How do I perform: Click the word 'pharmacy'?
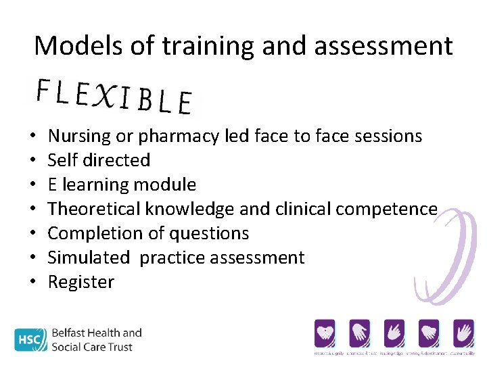[179, 137]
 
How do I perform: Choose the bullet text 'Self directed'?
[99, 160]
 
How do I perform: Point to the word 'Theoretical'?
[95, 209]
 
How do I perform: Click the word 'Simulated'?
[89, 258]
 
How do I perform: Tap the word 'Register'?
[81, 282]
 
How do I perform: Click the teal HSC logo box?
[29, 339]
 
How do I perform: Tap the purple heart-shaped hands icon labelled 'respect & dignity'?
[325, 333]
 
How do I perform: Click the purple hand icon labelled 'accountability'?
[463, 333]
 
